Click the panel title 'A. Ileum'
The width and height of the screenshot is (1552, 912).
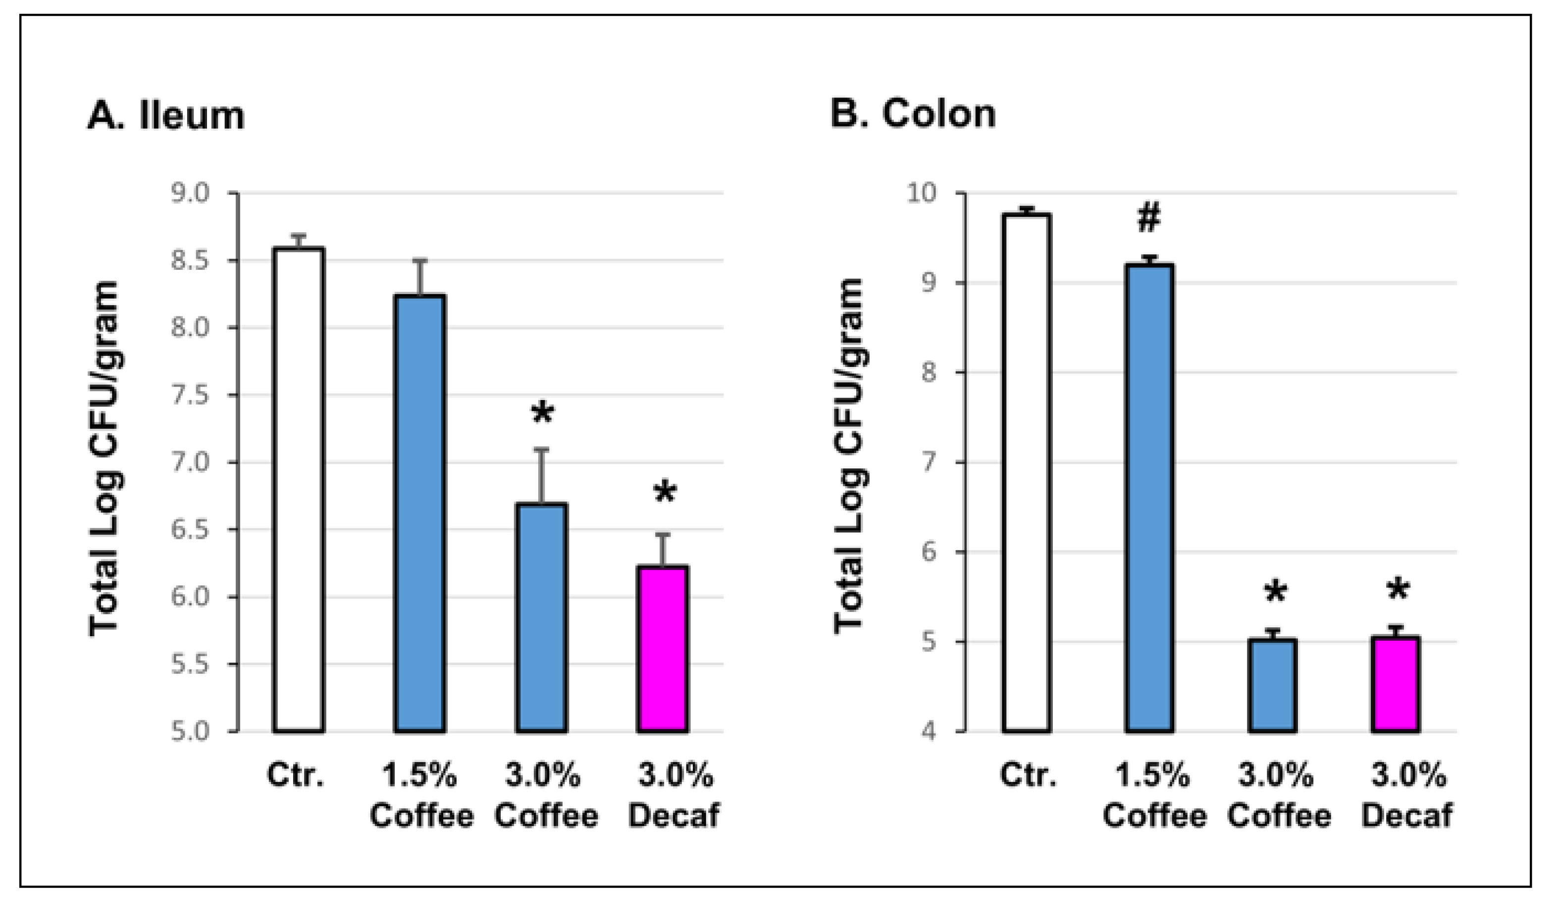[x=166, y=115]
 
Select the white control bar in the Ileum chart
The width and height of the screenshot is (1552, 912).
[x=299, y=490]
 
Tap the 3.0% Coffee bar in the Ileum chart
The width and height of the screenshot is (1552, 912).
[x=541, y=617]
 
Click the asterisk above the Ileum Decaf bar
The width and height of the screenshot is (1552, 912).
[x=665, y=494]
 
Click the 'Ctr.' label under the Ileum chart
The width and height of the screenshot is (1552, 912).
[x=295, y=775]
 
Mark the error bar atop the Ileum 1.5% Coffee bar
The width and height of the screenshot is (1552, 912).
[x=420, y=277]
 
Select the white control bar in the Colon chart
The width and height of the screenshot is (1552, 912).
[x=1026, y=472]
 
